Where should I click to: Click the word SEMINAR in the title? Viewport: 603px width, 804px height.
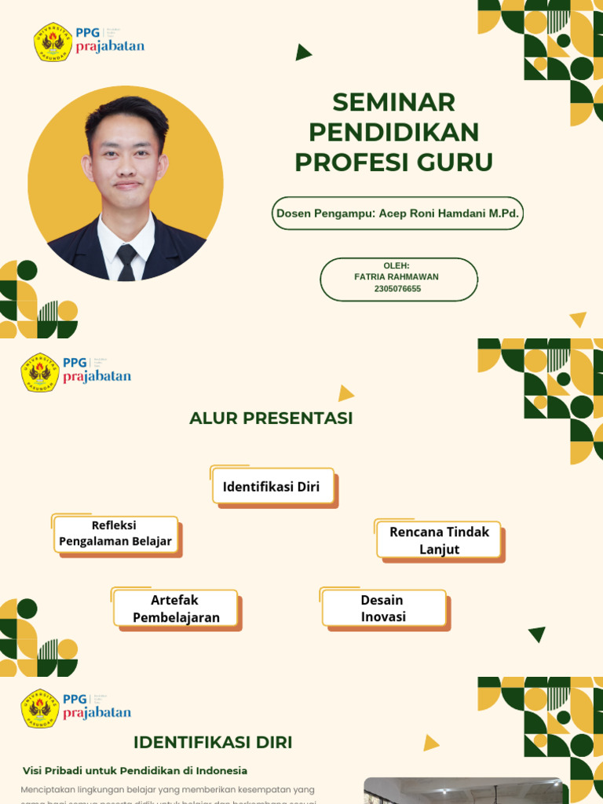tap(393, 102)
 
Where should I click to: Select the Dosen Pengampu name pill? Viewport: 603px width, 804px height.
tap(397, 213)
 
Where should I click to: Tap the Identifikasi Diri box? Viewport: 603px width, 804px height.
tap(272, 487)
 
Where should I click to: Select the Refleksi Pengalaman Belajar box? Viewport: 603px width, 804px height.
tap(115, 534)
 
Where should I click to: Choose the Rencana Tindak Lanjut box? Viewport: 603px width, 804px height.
tap(439, 540)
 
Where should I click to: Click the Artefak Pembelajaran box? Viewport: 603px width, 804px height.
tap(176, 608)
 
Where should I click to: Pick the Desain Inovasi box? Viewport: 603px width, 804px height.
tap(383, 608)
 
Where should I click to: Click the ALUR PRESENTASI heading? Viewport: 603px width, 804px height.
tap(271, 418)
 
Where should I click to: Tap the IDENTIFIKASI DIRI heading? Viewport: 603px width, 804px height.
tap(213, 743)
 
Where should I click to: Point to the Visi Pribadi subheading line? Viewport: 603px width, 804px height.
tap(134, 770)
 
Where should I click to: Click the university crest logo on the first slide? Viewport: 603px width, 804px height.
tap(53, 42)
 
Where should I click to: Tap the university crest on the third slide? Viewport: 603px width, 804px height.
tap(40, 709)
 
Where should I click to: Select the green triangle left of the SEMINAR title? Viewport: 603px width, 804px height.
tap(303, 53)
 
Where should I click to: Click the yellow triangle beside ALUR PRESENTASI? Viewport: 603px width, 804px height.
tap(345, 393)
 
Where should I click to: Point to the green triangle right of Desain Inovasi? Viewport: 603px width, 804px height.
tap(538, 634)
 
